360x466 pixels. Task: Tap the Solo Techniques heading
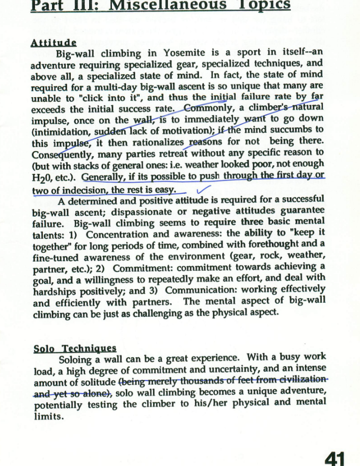point(74,348)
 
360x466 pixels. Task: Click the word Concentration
point(120,235)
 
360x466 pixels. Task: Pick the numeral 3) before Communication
point(154,290)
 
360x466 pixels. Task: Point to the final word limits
point(47,416)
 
